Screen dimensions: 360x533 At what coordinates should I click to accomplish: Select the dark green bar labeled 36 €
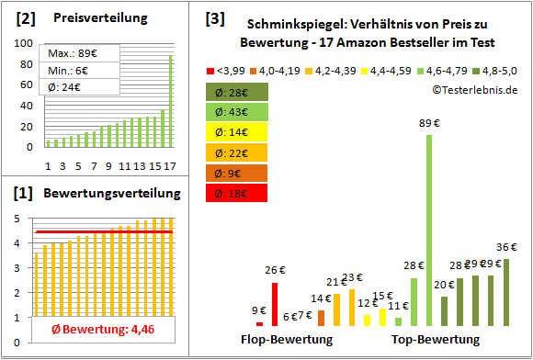pyautogui.click(x=506, y=292)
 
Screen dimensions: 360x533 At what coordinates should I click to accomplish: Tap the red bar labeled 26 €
pyautogui.click(x=274, y=304)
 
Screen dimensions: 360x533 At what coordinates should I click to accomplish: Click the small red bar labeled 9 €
pyautogui.click(x=259, y=323)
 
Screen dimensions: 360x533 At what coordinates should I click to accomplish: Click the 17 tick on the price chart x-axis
pyautogui.click(x=170, y=165)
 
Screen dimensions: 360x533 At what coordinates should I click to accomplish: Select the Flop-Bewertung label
pyautogui.click(x=287, y=340)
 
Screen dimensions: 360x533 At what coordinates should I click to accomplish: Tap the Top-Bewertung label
pyautogui.click(x=436, y=340)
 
